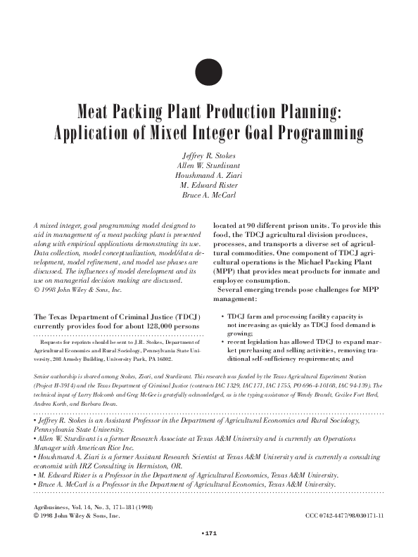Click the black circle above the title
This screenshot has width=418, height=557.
click(208, 72)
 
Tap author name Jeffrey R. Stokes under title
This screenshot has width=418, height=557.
click(208, 155)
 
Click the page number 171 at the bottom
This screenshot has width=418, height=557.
click(210, 535)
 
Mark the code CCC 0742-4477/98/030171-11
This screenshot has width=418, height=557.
click(345, 516)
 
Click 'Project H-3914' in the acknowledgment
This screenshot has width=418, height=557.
click(56, 385)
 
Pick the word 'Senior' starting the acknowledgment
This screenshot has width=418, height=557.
click(43, 377)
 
